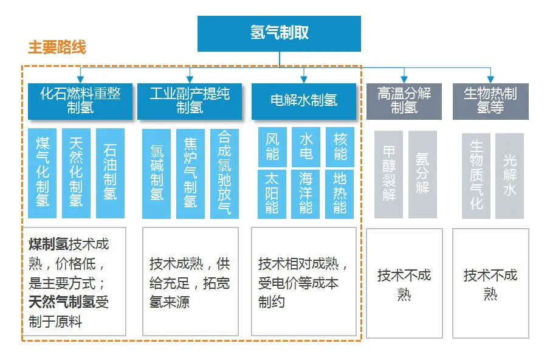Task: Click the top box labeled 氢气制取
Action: point(279,33)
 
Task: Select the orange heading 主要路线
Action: point(57,47)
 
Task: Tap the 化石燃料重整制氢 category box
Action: point(80,102)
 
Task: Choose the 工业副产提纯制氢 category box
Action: point(190,102)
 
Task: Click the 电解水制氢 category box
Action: point(304,102)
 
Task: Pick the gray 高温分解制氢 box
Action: point(404,102)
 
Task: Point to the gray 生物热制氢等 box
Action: point(490,102)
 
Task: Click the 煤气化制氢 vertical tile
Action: point(42,173)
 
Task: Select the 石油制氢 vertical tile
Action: point(110,173)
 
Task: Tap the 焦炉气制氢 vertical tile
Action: point(190,174)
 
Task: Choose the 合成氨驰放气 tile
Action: point(224,174)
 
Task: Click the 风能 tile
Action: point(272,147)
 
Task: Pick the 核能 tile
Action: point(340,147)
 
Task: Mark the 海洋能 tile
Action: point(306,194)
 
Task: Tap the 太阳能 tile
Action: point(272,194)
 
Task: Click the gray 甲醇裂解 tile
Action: point(388,175)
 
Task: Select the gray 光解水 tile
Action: point(510,176)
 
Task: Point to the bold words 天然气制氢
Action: point(62,302)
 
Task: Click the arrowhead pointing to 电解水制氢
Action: point(304,80)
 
